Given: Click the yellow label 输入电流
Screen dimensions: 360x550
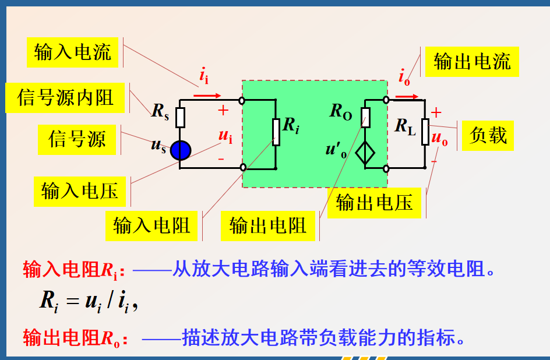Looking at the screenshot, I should [x=72, y=52].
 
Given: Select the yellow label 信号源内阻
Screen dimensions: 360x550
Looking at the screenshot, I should [x=65, y=97].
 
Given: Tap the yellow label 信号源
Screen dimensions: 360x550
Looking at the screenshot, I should [x=77, y=139].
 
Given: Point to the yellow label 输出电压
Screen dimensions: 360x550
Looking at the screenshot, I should [x=374, y=202].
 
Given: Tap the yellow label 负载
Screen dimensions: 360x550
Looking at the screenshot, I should [x=488, y=135].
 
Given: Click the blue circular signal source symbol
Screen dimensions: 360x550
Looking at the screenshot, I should [x=181, y=150].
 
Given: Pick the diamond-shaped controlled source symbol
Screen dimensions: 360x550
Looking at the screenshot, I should [x=365, y=153].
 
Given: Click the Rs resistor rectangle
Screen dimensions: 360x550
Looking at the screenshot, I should [x=180, y=117].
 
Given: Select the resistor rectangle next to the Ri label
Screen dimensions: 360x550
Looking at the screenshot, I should [x=276, y=132].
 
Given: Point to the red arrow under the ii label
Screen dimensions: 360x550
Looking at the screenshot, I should [x=207, y=94].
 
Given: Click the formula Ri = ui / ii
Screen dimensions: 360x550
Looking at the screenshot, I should [x=88, y=301].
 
